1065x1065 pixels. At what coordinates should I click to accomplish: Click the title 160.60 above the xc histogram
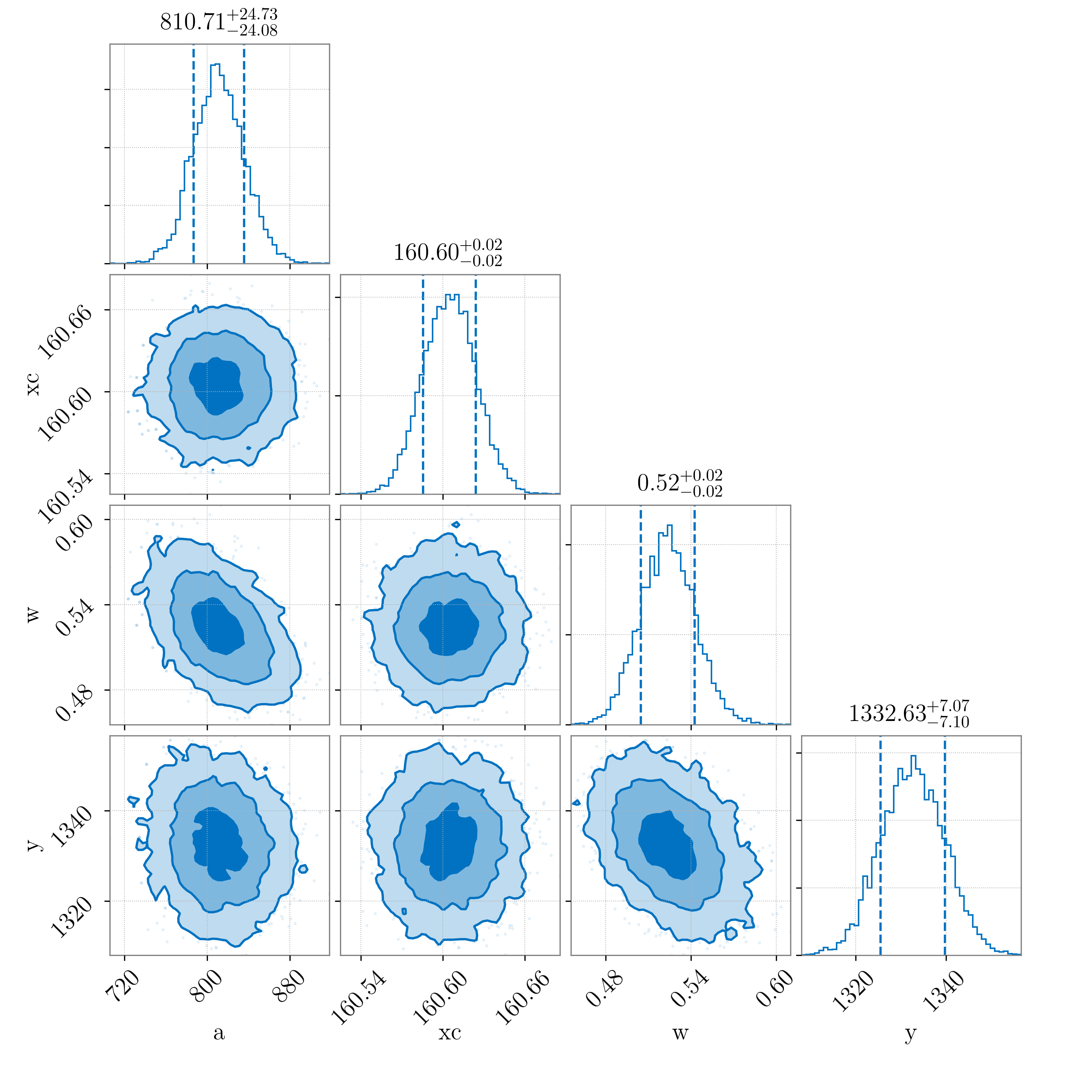pos(448,253)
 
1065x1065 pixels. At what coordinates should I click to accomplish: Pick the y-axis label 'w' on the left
pos(33,614)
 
